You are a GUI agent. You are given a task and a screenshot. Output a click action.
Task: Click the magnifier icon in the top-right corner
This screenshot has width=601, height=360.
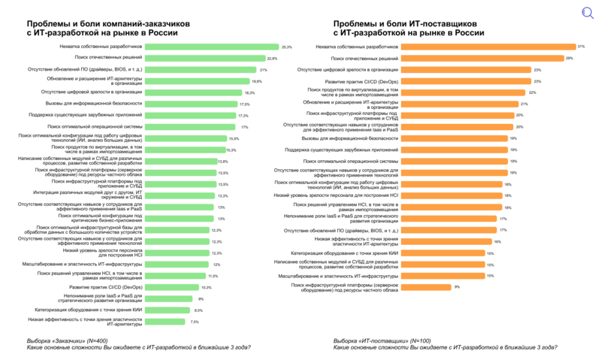coord(587,13)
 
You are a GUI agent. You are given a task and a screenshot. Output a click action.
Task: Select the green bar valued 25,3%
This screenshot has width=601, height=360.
coord(211,47)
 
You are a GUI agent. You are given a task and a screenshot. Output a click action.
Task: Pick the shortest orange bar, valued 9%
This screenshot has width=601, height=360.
coord(426,286)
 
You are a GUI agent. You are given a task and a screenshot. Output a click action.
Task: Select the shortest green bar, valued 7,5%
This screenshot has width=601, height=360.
coord(165,322)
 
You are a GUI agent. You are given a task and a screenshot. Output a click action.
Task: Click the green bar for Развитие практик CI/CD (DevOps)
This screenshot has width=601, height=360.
coord(172,287)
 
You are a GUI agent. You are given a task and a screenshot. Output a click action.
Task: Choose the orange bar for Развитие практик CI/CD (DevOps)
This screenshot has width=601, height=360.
coord(466,81)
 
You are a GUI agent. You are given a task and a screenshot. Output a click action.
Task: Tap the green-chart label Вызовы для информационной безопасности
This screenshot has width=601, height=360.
coord(94,104)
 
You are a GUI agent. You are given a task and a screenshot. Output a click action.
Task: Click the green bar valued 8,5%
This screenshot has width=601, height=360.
coord(168,310)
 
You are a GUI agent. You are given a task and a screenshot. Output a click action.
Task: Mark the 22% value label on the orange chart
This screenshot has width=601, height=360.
coord(532,92)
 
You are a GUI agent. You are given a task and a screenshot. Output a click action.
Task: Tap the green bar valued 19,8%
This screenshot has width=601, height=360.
coord(197,81)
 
